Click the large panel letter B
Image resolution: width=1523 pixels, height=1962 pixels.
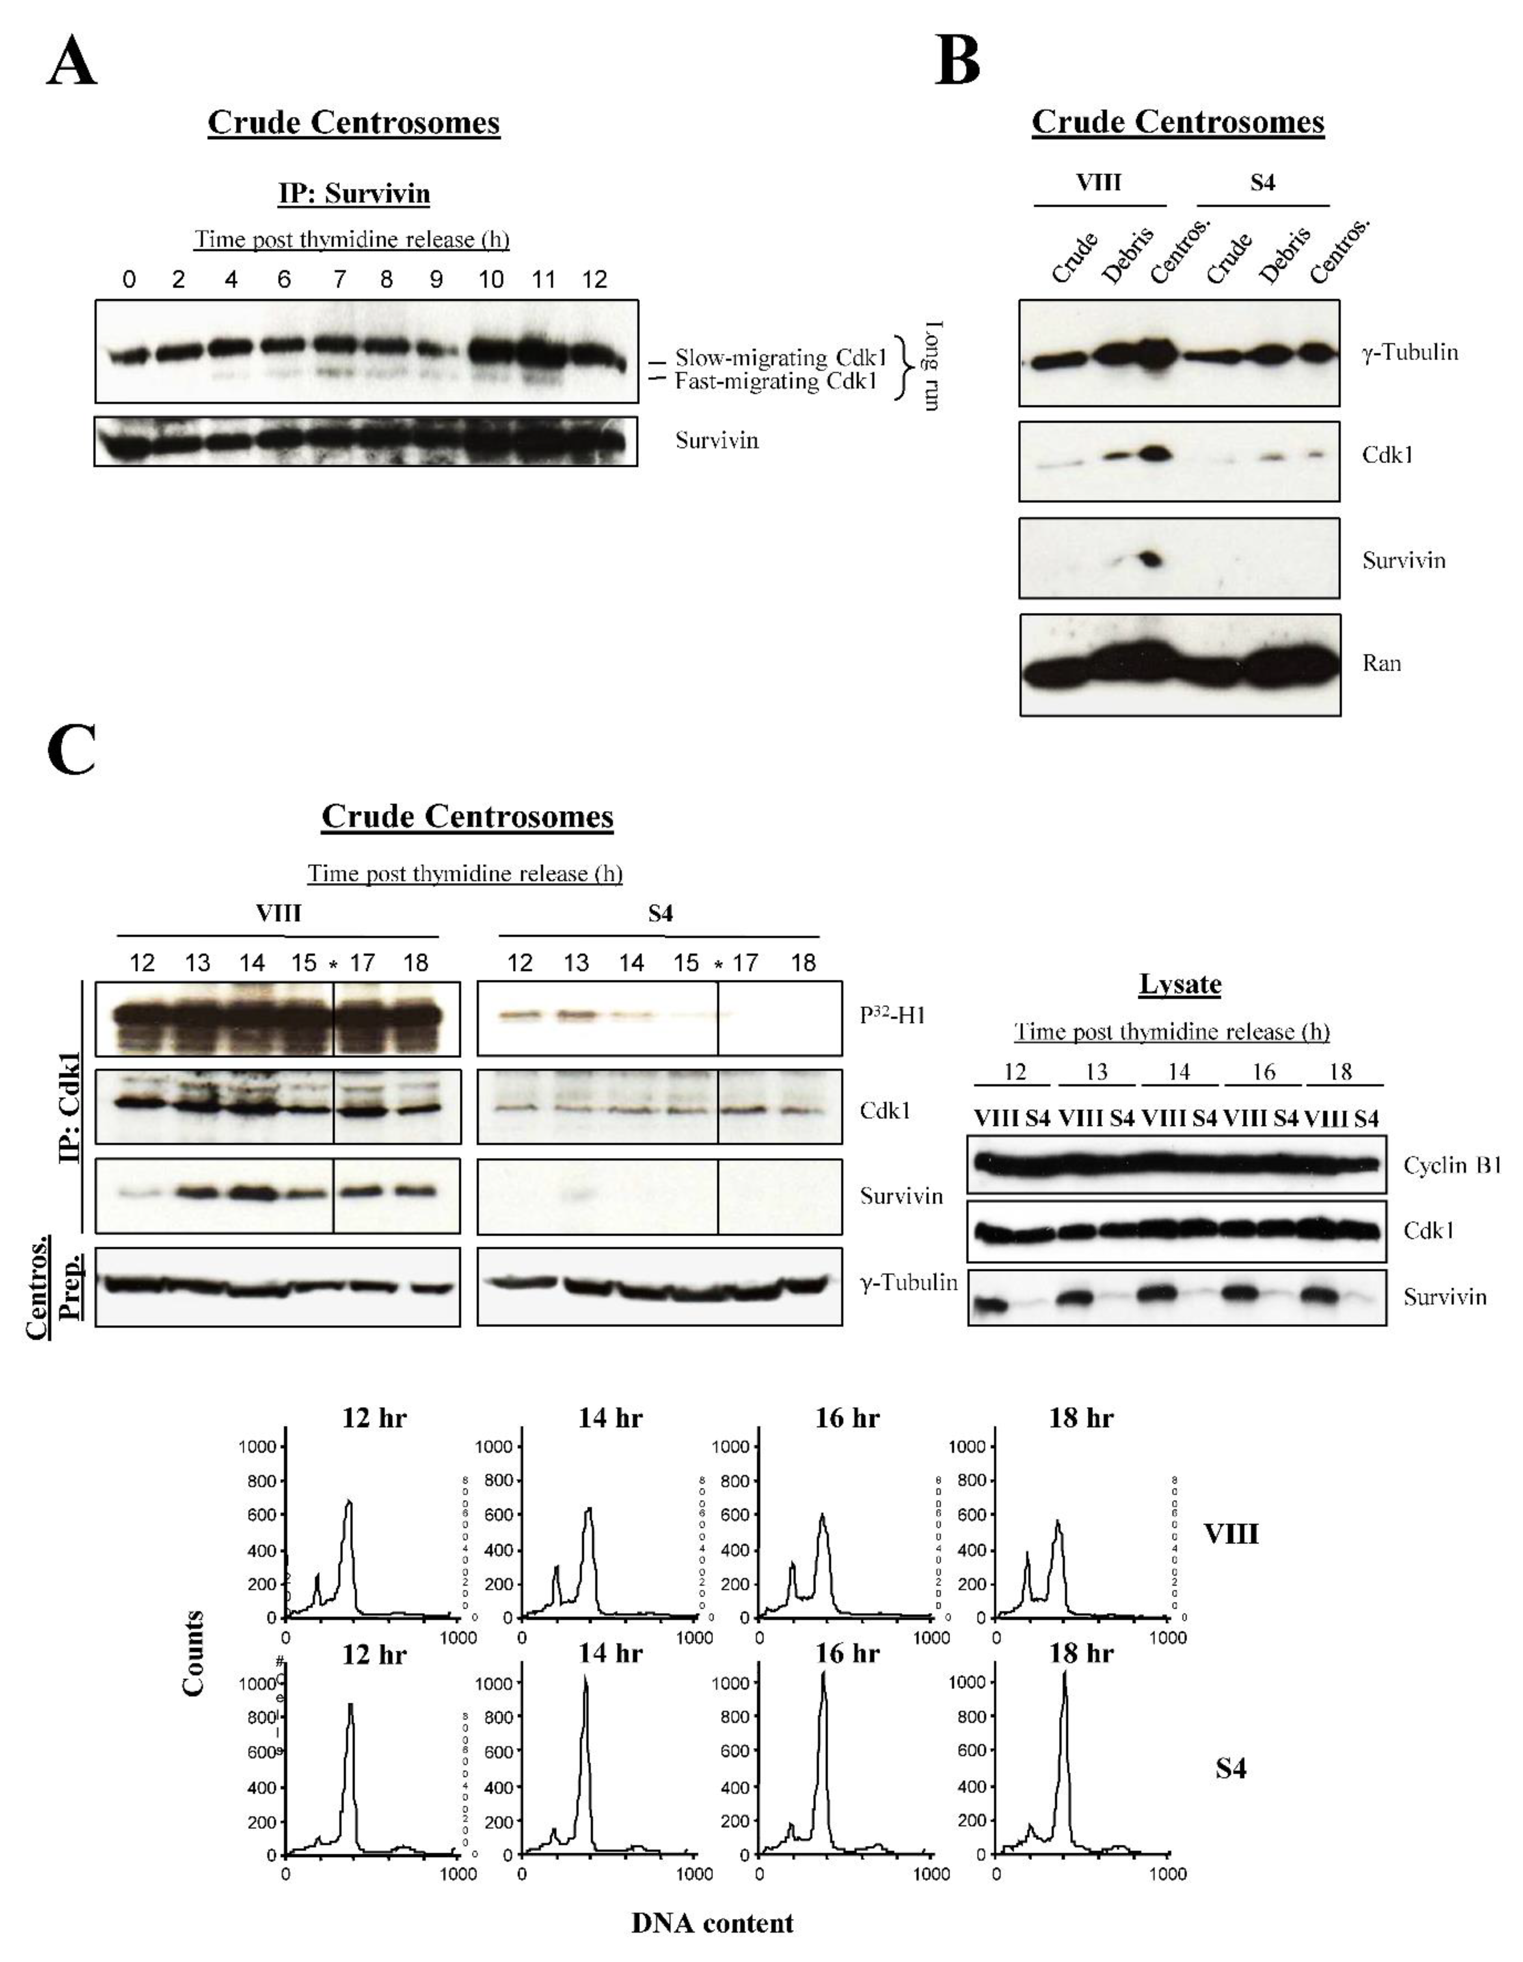click(958, 61)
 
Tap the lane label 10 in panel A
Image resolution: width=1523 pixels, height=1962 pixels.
click(490, 279)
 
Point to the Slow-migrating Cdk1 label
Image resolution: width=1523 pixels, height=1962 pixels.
click(780, 358)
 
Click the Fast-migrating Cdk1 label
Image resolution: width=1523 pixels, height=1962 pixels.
click(776, 382)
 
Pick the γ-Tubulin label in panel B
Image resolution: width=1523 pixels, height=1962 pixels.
click(1409, 352)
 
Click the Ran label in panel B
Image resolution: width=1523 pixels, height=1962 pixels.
click(1381, 663)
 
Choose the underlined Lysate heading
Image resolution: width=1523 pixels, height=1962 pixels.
click(1180, 985)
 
